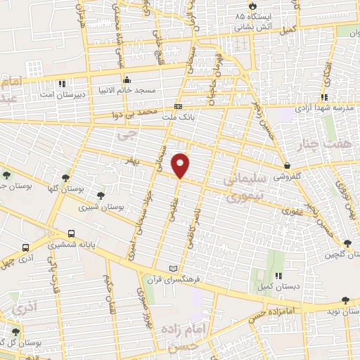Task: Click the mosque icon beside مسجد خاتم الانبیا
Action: (x=127, y=79)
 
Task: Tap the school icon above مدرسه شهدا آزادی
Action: (x=324, y=97)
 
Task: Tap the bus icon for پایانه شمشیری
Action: (x=71, y=234)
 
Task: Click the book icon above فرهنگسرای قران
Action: (x=174, y=269)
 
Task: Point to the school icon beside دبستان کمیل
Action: (x=279, y=276)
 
